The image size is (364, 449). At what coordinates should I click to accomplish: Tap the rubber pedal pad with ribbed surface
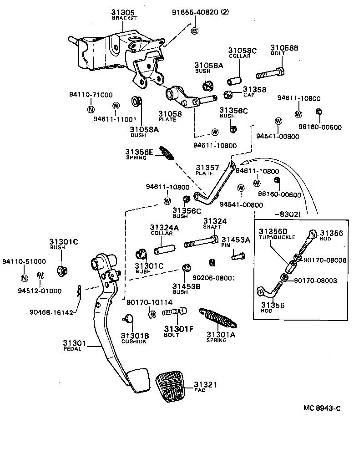[x=173, y=387]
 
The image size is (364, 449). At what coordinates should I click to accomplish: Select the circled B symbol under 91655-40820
[x=194, y=31]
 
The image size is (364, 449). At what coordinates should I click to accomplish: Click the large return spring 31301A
[x=218, y=318]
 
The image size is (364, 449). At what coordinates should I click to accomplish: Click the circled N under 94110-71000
[x=91, y=109]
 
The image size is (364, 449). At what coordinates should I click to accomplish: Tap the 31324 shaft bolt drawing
[x=201, y=244]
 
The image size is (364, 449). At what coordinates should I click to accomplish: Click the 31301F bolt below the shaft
[x=175, y=312]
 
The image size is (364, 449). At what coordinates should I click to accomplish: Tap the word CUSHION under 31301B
[x=134, y=342]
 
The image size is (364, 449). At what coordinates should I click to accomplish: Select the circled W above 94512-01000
[x=40, y=275]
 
